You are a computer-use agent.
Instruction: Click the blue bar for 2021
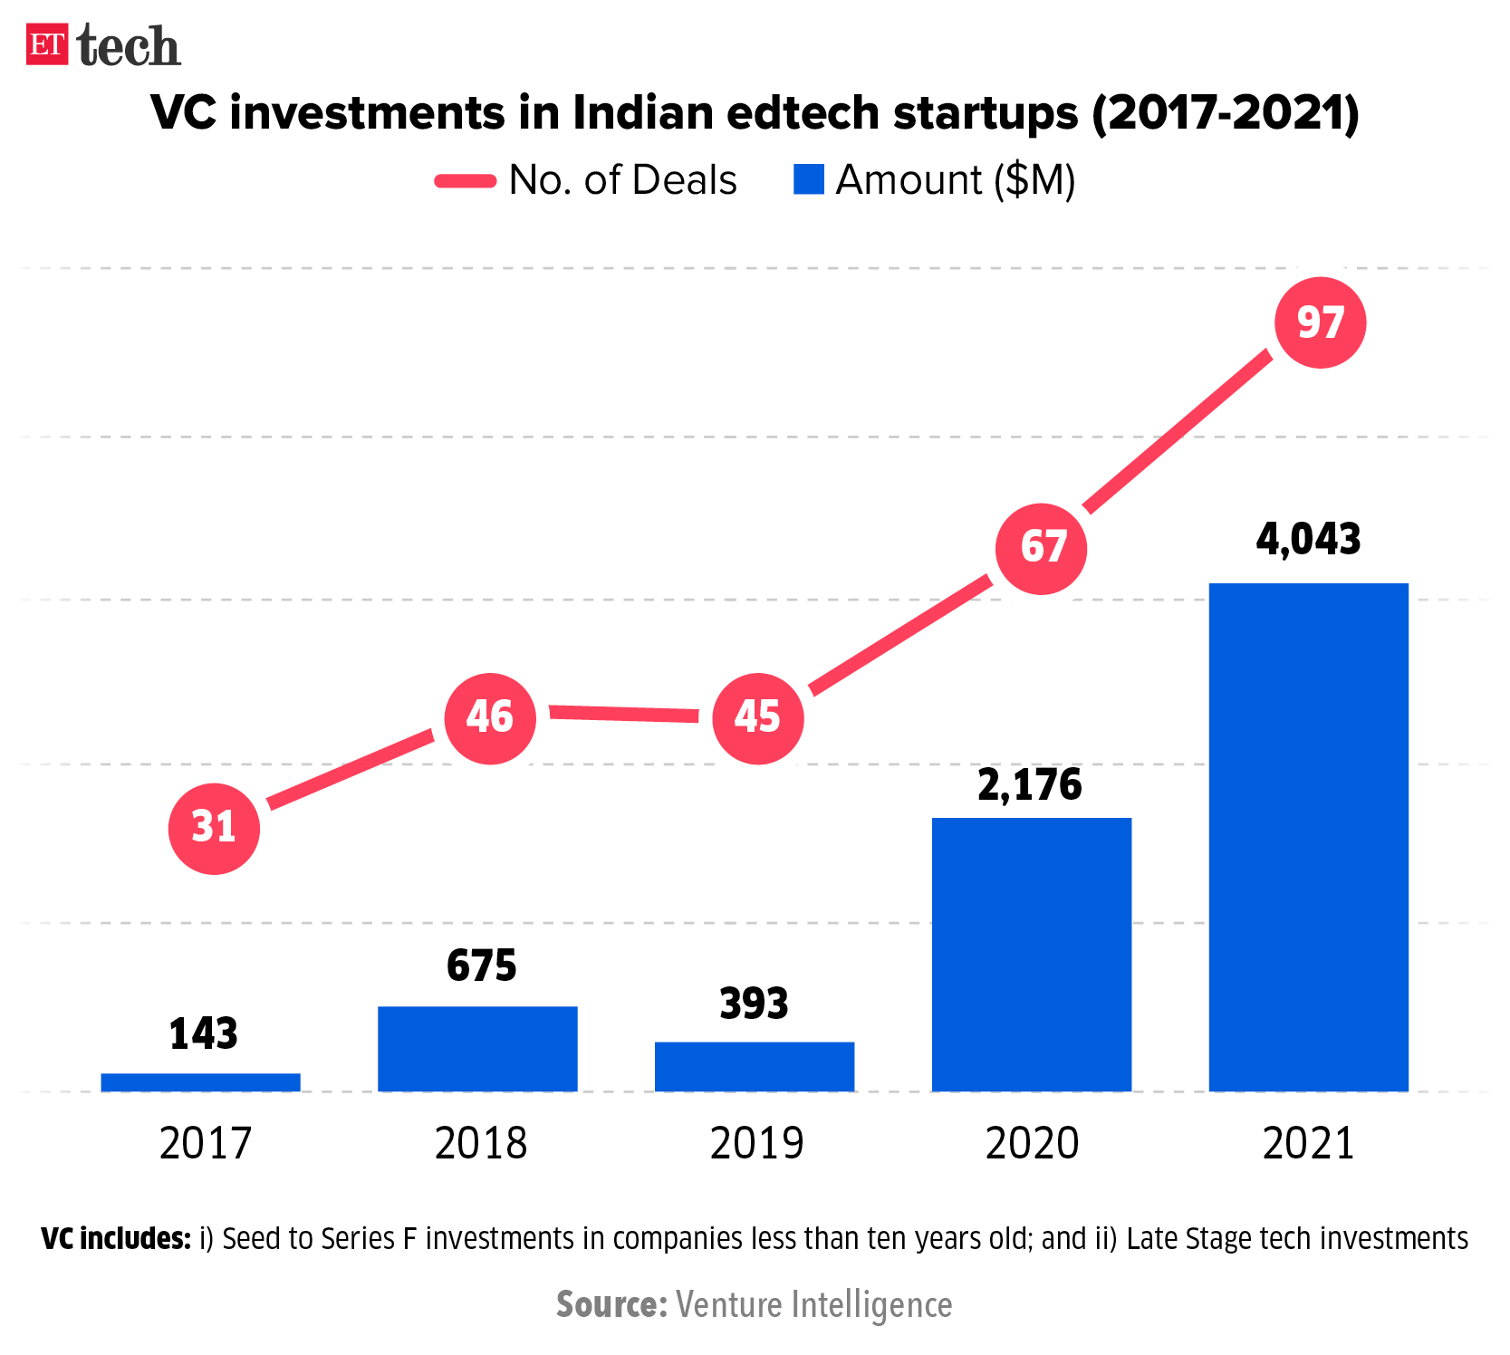coord(1308,837)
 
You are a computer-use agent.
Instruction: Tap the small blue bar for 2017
coord(200,1081)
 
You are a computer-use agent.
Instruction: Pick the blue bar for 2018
coord(477,1048)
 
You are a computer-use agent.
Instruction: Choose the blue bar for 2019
coord(755,1066)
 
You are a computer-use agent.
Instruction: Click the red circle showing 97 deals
coord(1320,322)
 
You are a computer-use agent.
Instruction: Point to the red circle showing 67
coord(1042,548)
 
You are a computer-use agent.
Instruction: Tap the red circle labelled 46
coord(490,718)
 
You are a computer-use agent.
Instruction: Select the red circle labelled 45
coord(757,718)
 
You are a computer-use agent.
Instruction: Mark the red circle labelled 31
coord(214,828)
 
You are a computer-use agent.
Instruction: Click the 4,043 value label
coord(1308,540)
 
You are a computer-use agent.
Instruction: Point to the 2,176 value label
coord(1030,785)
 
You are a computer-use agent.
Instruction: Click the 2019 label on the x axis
coord(756,1143)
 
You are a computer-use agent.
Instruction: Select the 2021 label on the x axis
coord(1308,1143)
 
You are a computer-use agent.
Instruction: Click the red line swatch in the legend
coord(466,180)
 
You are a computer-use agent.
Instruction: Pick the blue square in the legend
coord(808,179)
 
